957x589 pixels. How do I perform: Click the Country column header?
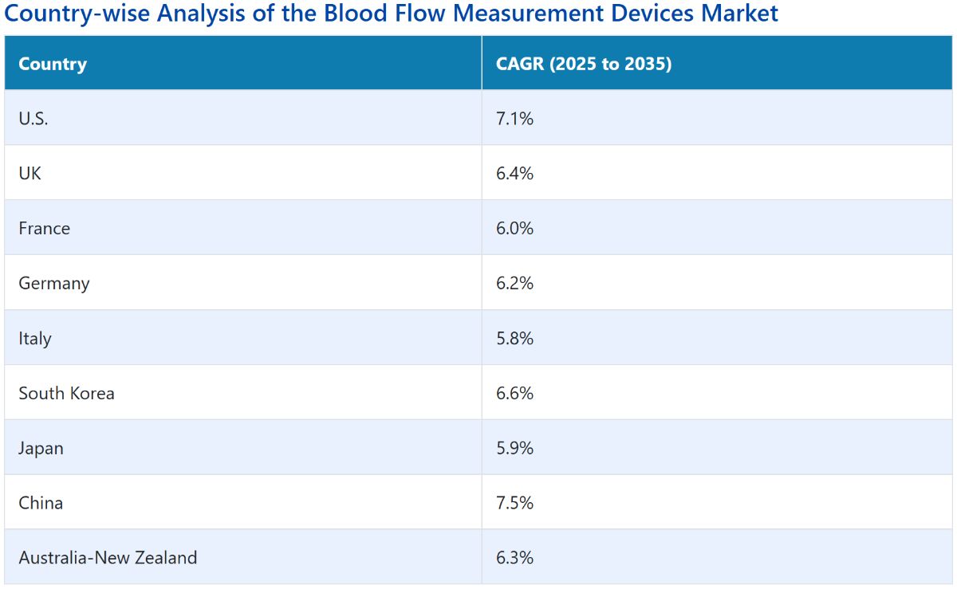point(53,64)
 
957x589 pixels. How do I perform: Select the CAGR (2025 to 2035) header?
point(584,64)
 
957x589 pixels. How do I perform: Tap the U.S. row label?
point(33,118)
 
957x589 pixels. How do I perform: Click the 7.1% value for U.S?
point(514,118)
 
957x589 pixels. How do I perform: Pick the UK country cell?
point(30,174)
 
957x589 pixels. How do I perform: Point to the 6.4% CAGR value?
point(514,174)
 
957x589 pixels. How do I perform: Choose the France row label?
point(44,229)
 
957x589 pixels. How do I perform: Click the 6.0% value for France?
point(514,229)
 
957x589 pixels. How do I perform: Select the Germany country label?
point(54,284)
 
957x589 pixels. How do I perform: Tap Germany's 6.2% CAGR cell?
point(514,283)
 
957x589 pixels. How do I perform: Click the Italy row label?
point(34,339)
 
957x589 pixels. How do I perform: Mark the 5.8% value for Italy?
point(514,338)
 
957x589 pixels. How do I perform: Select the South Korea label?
point(66,394)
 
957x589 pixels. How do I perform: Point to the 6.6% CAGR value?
point(514,394)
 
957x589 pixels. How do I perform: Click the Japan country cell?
point(41,449)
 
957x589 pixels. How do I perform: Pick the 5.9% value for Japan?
point(514,448)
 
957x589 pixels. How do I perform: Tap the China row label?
point(41,503)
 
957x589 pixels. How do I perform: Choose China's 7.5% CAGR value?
point(514,503)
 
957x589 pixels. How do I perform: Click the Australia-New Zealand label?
point(108,558)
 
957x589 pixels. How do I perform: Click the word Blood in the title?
point(356,13)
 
